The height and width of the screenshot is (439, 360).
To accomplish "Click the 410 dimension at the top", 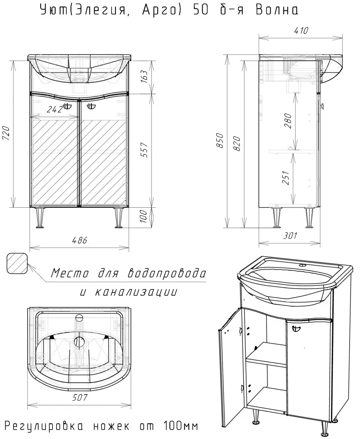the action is pyautogui.click(x=301, y=30).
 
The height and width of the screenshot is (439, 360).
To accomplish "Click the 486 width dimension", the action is pyautogui.click(x=80, y=240).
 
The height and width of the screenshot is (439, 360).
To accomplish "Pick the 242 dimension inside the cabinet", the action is pyautogui.click(x=54, y=110).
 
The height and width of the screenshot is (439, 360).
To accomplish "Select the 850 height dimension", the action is pyautogui.click(x=220, y=141).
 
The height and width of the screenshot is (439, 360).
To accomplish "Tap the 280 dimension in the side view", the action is pyautogui.click(x=288, y=121).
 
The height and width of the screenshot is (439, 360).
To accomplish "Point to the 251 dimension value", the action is pyautogui.click(x=286, y=178).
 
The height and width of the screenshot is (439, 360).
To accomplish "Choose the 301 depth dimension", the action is pyautogui.click(x=290, y=236).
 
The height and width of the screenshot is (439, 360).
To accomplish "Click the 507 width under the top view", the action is pyautogui.click(x=80, y=397).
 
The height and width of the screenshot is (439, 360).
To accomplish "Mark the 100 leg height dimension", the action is pyautogui.click(x=143, y=216).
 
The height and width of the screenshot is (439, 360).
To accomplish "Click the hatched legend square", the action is pyautogui.click(x=17, y=263).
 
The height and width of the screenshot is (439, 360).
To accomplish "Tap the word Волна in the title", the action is pyautogui.click(x=277, y=10).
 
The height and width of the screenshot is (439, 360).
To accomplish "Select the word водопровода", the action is pyautogui.click(x=167, y=273).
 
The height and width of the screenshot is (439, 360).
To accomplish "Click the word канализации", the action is pyautogui.click(x=136, y=292).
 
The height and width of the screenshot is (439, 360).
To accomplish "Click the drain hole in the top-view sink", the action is pyautogui.click(x=79, y=342).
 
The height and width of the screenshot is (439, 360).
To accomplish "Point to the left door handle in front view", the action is pyautogui.click(x=66, y=106).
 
